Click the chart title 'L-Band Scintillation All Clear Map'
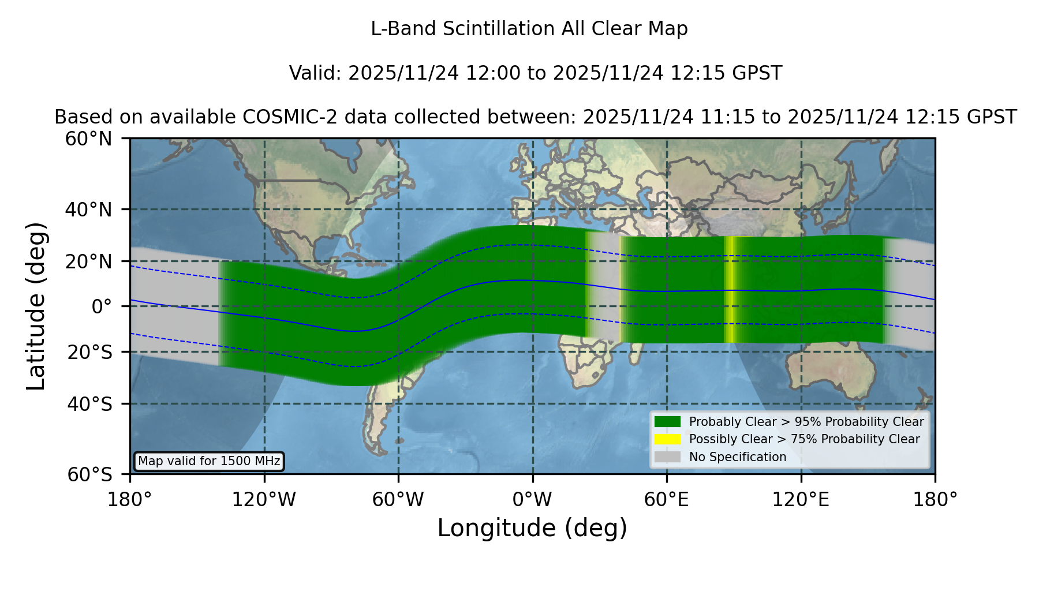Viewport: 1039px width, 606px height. point(529,29)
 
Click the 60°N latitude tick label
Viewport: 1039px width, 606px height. point(88,139)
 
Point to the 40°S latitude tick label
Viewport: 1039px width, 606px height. point(89,404)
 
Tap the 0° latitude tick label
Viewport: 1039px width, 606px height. point(102,306)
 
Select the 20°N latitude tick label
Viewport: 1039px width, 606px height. point(88,261)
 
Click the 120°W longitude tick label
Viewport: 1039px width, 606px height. point(264,499)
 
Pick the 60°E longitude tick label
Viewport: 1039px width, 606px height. point(667,499)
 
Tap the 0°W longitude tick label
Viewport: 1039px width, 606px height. point(533,499)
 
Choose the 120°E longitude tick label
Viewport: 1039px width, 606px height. point(801,499)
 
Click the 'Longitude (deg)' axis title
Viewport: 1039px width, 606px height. point(532,528)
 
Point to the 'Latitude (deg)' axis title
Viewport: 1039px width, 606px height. point(36,306)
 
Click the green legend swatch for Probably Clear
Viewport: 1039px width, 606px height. point(667,422)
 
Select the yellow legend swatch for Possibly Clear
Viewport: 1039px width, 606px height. point(667,439)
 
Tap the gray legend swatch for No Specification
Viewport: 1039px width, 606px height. point(667,457)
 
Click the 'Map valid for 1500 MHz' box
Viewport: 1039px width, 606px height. point(209,461)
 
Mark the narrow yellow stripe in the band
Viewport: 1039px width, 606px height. point(730,289)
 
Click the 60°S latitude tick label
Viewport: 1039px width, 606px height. point(89,474)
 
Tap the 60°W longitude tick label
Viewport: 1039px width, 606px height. point(398,499)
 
